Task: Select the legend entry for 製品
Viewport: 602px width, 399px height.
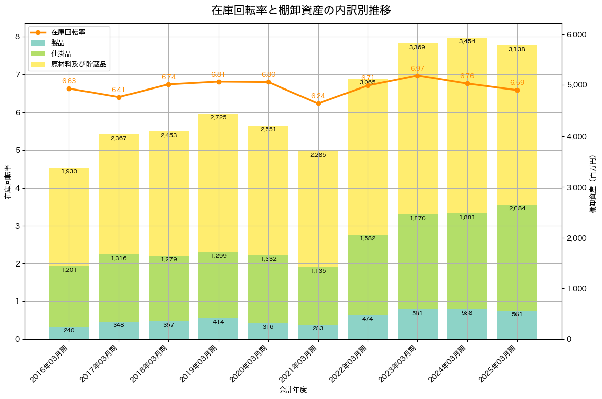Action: point(58,43)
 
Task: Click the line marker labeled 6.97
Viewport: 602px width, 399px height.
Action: point(417,76)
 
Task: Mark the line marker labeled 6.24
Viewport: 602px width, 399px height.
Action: point(318,103)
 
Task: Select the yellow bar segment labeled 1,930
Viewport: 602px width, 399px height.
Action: point(69,217)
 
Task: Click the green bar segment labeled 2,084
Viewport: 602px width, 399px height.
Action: point(517,258)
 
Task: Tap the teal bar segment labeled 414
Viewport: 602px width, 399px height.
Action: point(219,329)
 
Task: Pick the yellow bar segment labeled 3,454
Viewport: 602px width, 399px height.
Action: point(467,126)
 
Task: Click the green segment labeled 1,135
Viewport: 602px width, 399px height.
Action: point(318,296)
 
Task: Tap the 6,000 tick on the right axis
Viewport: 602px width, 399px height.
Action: point(576,35)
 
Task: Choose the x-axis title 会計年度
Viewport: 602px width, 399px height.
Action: point(293,390)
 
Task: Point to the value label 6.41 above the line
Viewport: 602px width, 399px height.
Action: point(118,90)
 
